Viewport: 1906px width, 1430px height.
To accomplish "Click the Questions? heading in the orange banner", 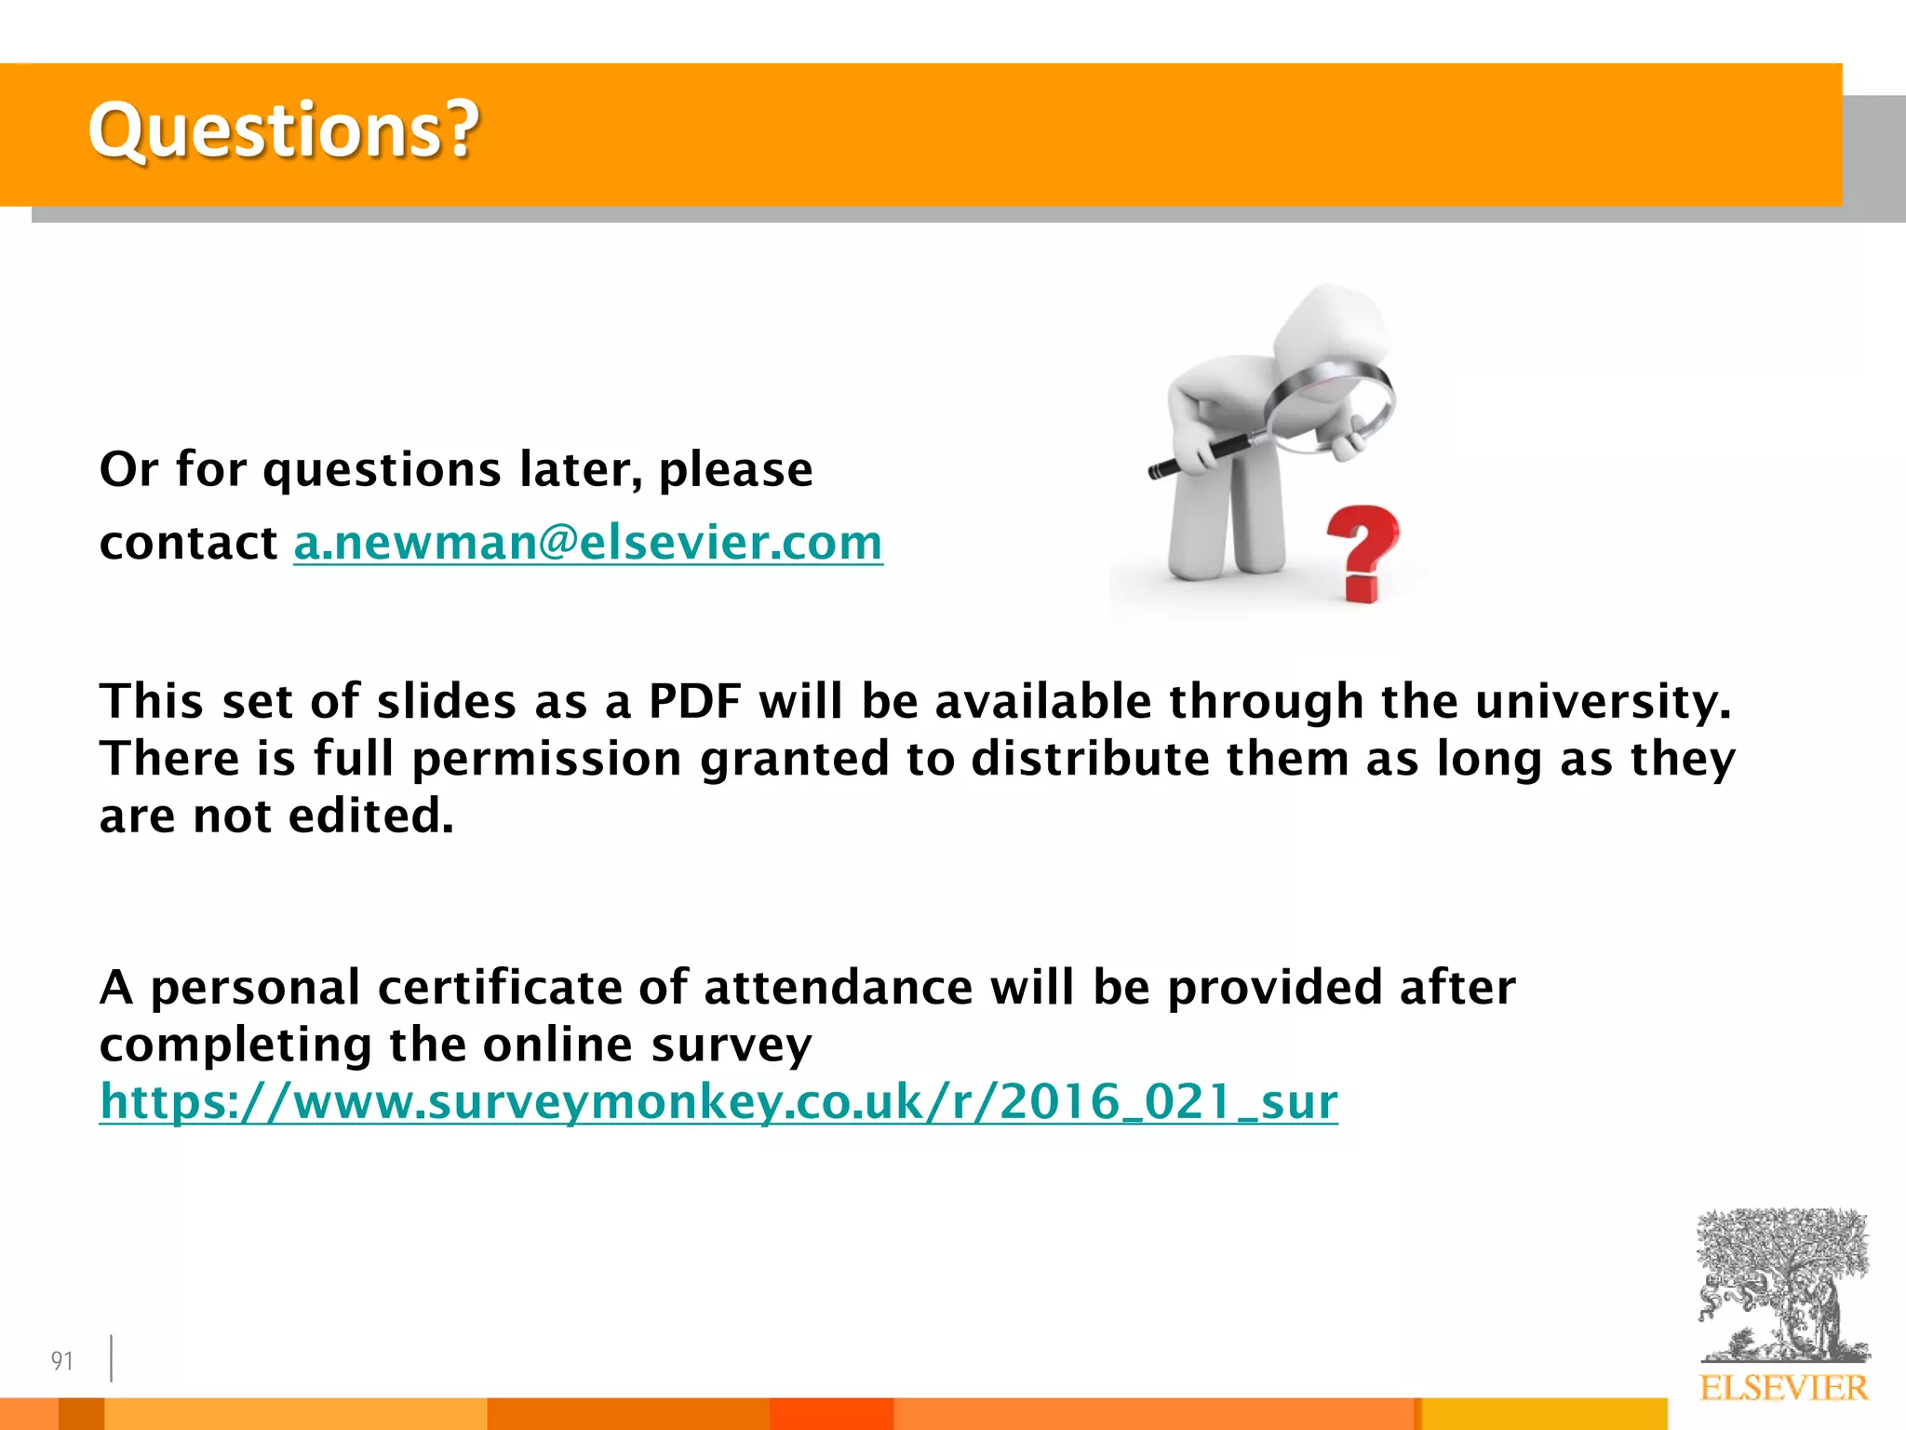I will tap(283, 130).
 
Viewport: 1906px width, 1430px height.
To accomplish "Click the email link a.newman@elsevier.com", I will tap(587, 543).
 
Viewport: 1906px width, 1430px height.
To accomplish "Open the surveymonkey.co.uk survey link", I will tap(718, 1101).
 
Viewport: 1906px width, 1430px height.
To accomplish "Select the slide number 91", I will tap(61, 1361).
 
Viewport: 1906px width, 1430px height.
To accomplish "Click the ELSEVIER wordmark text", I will tap(1783, 1388).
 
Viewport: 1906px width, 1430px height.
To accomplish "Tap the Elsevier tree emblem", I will tap(1782, 1285).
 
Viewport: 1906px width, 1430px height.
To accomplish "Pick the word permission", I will tap(547, 759).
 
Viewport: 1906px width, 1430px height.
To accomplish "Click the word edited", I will tap(370, 816).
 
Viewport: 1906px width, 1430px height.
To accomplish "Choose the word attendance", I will tap(838, 987).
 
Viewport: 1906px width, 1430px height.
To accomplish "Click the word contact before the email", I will tap(188, 543).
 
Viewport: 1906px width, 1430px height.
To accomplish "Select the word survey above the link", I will tap(731, 1045).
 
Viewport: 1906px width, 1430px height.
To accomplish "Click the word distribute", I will tap(1090, 759).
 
